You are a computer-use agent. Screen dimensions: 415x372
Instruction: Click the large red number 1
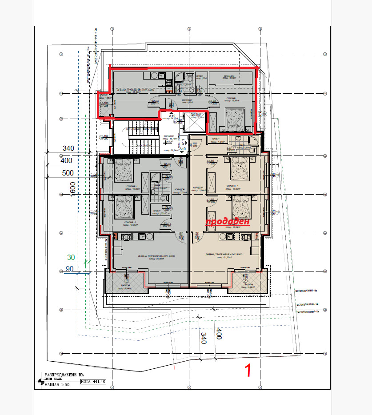[249, 370]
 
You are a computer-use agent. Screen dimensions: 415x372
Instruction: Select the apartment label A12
[172, 116]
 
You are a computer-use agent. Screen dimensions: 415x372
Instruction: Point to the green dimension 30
[71, 257]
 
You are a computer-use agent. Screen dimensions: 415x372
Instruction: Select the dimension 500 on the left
[68, 173]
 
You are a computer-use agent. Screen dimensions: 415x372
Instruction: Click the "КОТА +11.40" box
[93, 381]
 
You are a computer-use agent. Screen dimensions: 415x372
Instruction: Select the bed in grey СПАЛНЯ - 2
[123, 207]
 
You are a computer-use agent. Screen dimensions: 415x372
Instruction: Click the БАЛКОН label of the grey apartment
[125, 285]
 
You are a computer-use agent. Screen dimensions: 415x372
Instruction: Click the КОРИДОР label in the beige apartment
[198, 187]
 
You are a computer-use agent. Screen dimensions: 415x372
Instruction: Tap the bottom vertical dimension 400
[218, 334]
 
